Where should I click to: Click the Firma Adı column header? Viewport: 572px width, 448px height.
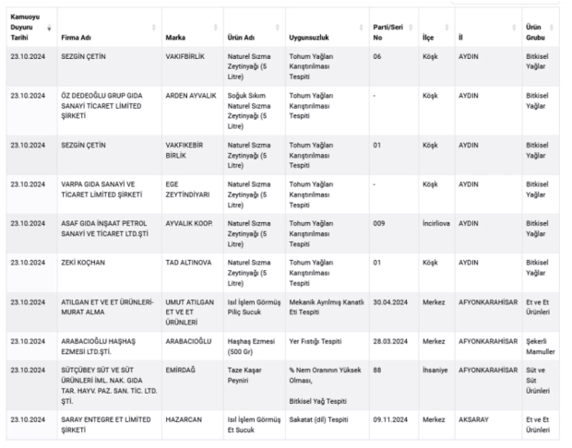coord(77,38)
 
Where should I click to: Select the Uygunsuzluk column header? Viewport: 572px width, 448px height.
coord(310,38)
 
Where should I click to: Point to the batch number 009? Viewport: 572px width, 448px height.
coord(378,223)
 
